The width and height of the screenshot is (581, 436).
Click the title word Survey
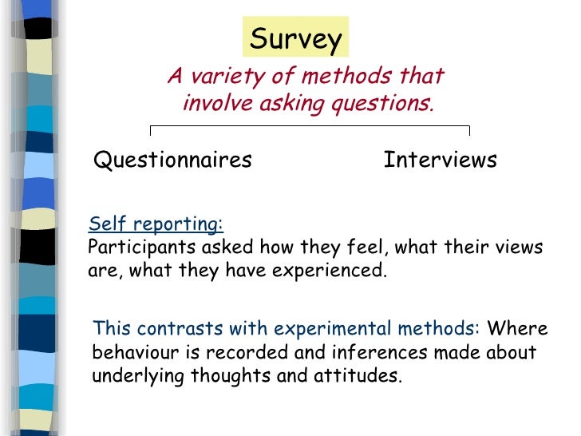point(296,38)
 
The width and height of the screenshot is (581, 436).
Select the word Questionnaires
point(173,161)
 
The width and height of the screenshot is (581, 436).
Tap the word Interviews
point(440,161)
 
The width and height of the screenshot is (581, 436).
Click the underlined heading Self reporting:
point(156,224)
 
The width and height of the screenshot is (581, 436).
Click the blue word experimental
point(330,329)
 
